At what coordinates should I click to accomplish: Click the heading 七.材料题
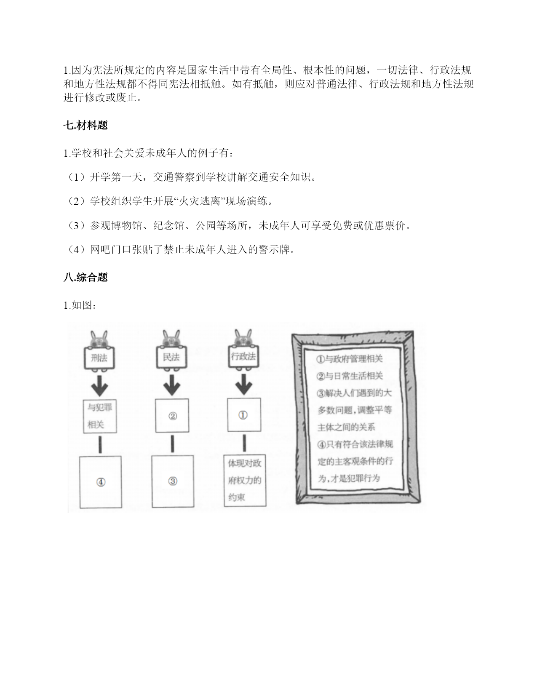point(85,125)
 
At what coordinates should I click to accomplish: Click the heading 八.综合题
point(85,277)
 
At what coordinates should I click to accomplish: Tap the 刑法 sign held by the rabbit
point(99,358)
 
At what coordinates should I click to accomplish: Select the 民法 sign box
point(171,357)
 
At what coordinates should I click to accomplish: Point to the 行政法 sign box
point(243,356)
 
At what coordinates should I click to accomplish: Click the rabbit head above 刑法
point(99,339)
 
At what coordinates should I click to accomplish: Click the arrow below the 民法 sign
point(172,385)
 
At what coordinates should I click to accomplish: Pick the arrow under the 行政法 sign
point(244,385)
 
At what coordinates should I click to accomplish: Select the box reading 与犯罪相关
point(100,417)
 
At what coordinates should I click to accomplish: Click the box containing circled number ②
point(172,415)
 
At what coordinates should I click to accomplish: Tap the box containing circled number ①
point(244,415)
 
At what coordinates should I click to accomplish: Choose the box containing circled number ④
point(100,482)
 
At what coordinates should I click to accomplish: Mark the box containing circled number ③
point(173,481)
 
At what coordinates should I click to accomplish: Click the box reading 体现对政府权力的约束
point(245,481)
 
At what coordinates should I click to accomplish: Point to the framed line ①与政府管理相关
point(350,359)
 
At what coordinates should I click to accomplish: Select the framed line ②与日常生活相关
point(350,376)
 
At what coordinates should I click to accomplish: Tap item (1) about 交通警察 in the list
point(191,177)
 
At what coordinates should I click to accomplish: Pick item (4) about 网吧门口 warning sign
point(180,249)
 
